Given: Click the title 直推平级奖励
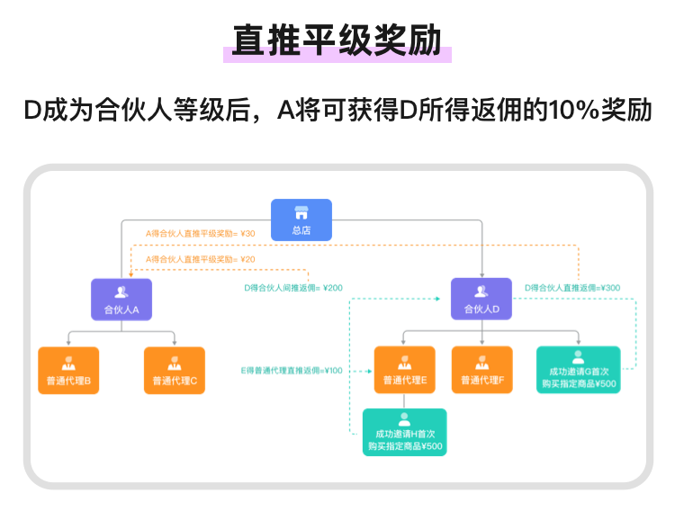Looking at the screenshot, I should click(337, 40).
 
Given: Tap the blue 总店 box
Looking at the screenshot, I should click(301, 220).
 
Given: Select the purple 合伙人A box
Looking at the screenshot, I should click(121, 300).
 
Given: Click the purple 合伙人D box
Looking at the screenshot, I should click(481, 300).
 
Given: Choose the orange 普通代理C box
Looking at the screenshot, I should click(175, 371).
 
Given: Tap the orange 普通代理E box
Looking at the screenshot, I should click(405, 371).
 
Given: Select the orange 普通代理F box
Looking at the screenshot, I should click(481, 371).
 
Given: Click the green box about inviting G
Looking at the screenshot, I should click(578, 370).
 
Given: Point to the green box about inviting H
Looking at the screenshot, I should click(404, 433).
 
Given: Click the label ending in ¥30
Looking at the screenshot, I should click(201, 234).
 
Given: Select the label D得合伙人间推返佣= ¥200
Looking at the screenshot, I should click(293, 288).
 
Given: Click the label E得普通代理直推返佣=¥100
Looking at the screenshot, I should click(292, 371).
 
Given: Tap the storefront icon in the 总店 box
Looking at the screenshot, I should click(301, 213).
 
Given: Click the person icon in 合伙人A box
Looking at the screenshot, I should click(121, 291).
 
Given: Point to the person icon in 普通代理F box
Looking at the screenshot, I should click(481, 363).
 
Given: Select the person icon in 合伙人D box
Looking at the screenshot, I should click(481, 291).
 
